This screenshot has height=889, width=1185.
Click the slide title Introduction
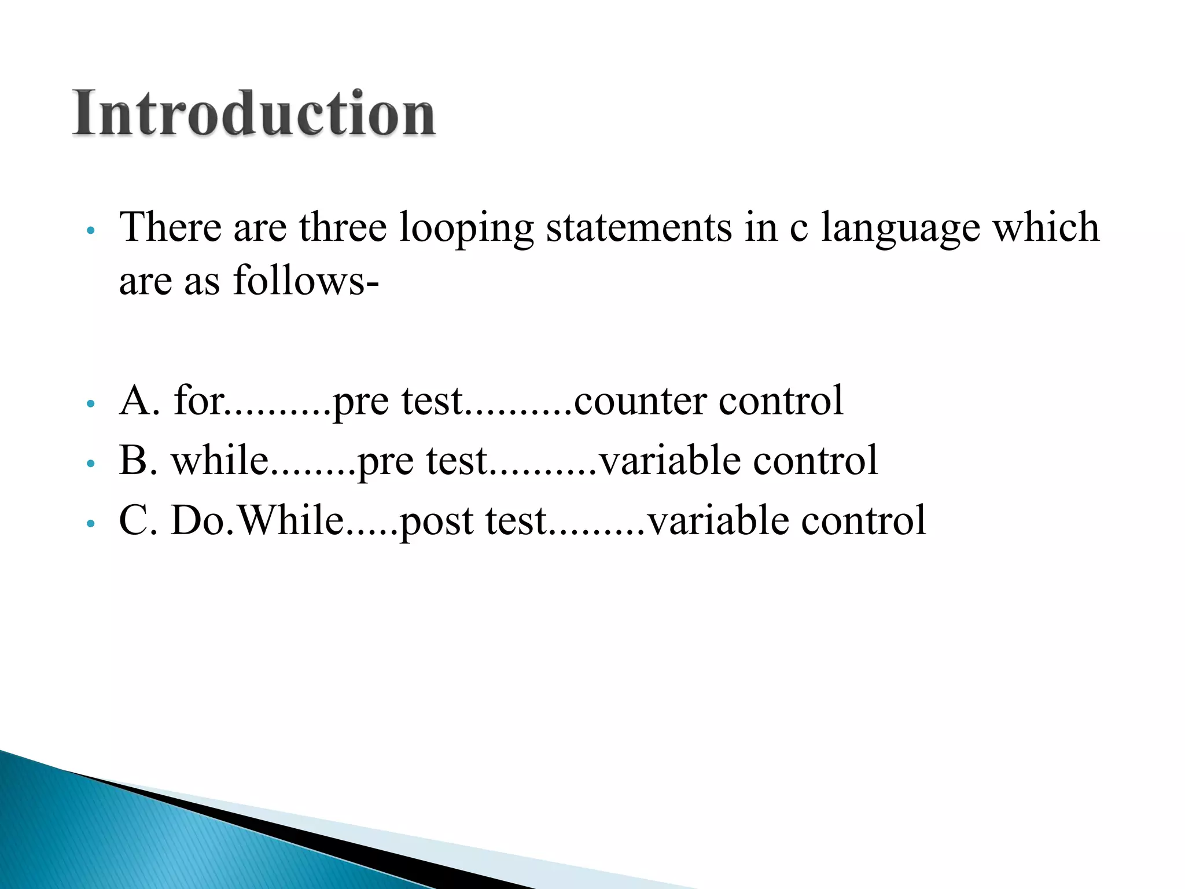point(253,113)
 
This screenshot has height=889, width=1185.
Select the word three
point(343,227)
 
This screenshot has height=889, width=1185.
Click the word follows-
point(306,281)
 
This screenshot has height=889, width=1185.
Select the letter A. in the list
point(139,401)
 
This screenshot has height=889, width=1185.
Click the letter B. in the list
point(138,461)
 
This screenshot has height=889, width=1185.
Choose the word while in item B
point(220,461)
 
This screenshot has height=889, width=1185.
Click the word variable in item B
point(670,461)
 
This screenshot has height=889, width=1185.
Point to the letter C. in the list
point(138,520)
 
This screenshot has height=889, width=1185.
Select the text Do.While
point(257,520)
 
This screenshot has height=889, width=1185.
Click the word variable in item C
point(718,520)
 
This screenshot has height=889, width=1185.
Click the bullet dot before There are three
point(90,230)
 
